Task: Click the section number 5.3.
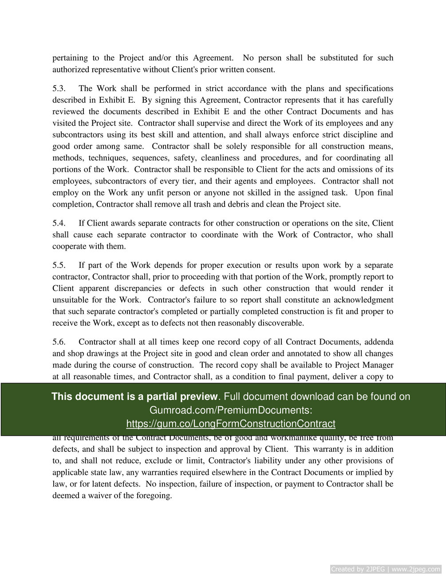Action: [59, 88]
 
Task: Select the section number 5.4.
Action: [59, 223]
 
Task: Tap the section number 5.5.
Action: [59, 265]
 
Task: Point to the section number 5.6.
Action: [59, 342]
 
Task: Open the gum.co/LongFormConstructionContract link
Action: [230, 424]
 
